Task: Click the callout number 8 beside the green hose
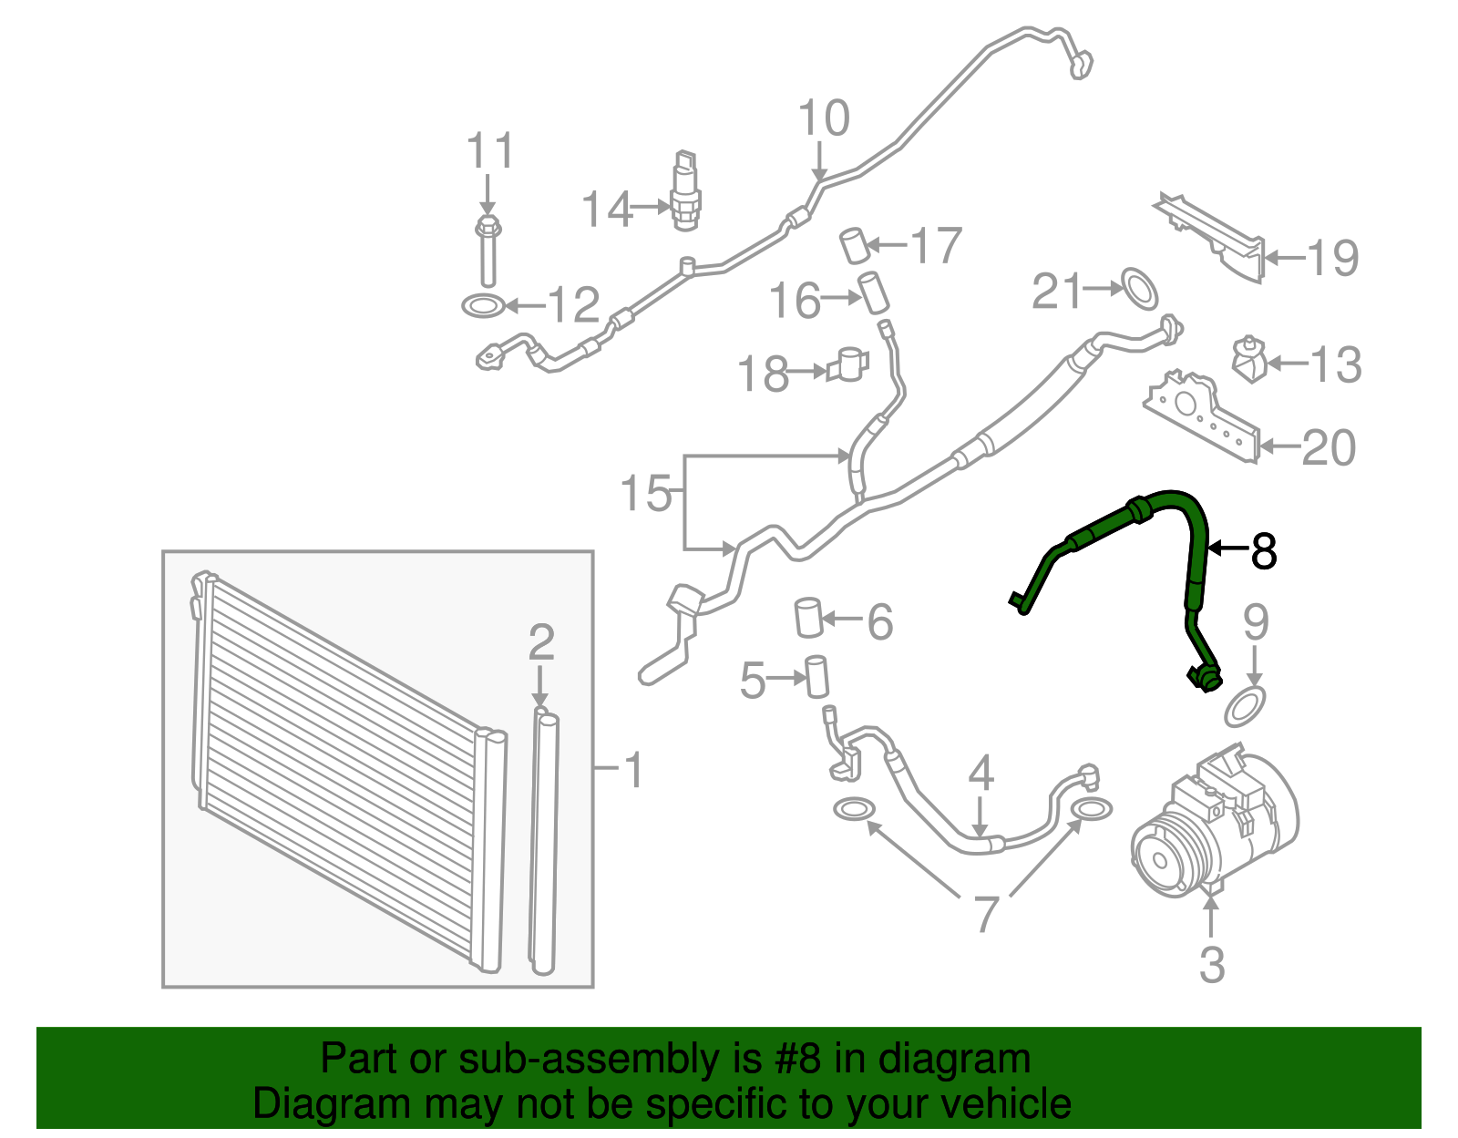click(1263, 550)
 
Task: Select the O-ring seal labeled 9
click(1246, 708)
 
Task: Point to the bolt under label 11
click(488, 251)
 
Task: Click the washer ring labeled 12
click(484, 306)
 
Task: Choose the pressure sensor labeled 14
click(685, 191)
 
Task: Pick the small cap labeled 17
click(857, 246)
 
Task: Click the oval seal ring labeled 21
click(1139, 288)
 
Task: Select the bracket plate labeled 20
click(1201, 416)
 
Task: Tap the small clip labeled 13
click(1248, 360)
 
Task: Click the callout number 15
click(645, 493)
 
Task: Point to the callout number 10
click(824, 118)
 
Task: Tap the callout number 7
click(984, 913)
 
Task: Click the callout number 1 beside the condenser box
click(632, 770)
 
